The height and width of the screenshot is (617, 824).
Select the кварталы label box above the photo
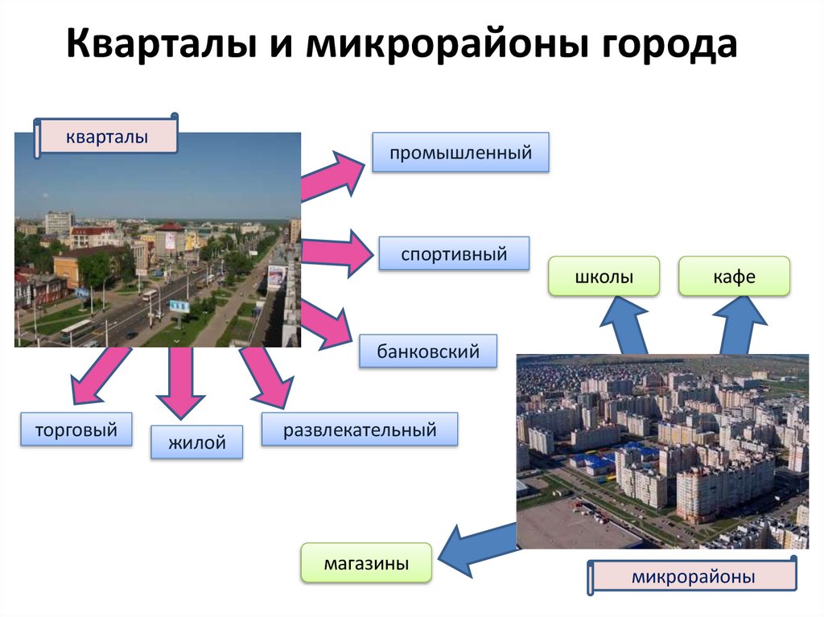point(107,137)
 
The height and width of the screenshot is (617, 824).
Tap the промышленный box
point(460,152)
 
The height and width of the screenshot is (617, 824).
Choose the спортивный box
point(455,254)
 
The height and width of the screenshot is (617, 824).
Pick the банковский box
point(428,352)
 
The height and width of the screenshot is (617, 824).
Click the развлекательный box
point(359,430)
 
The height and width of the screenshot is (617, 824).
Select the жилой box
point(197,442)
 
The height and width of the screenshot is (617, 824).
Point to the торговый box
point(76,430)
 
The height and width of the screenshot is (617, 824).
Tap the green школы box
point(604,277)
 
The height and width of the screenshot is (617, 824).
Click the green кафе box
point(734,277)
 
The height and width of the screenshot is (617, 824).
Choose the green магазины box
point(366,562)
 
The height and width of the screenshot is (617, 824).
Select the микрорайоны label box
point(693,577)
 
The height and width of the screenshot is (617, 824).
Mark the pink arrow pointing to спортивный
point(335,251)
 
